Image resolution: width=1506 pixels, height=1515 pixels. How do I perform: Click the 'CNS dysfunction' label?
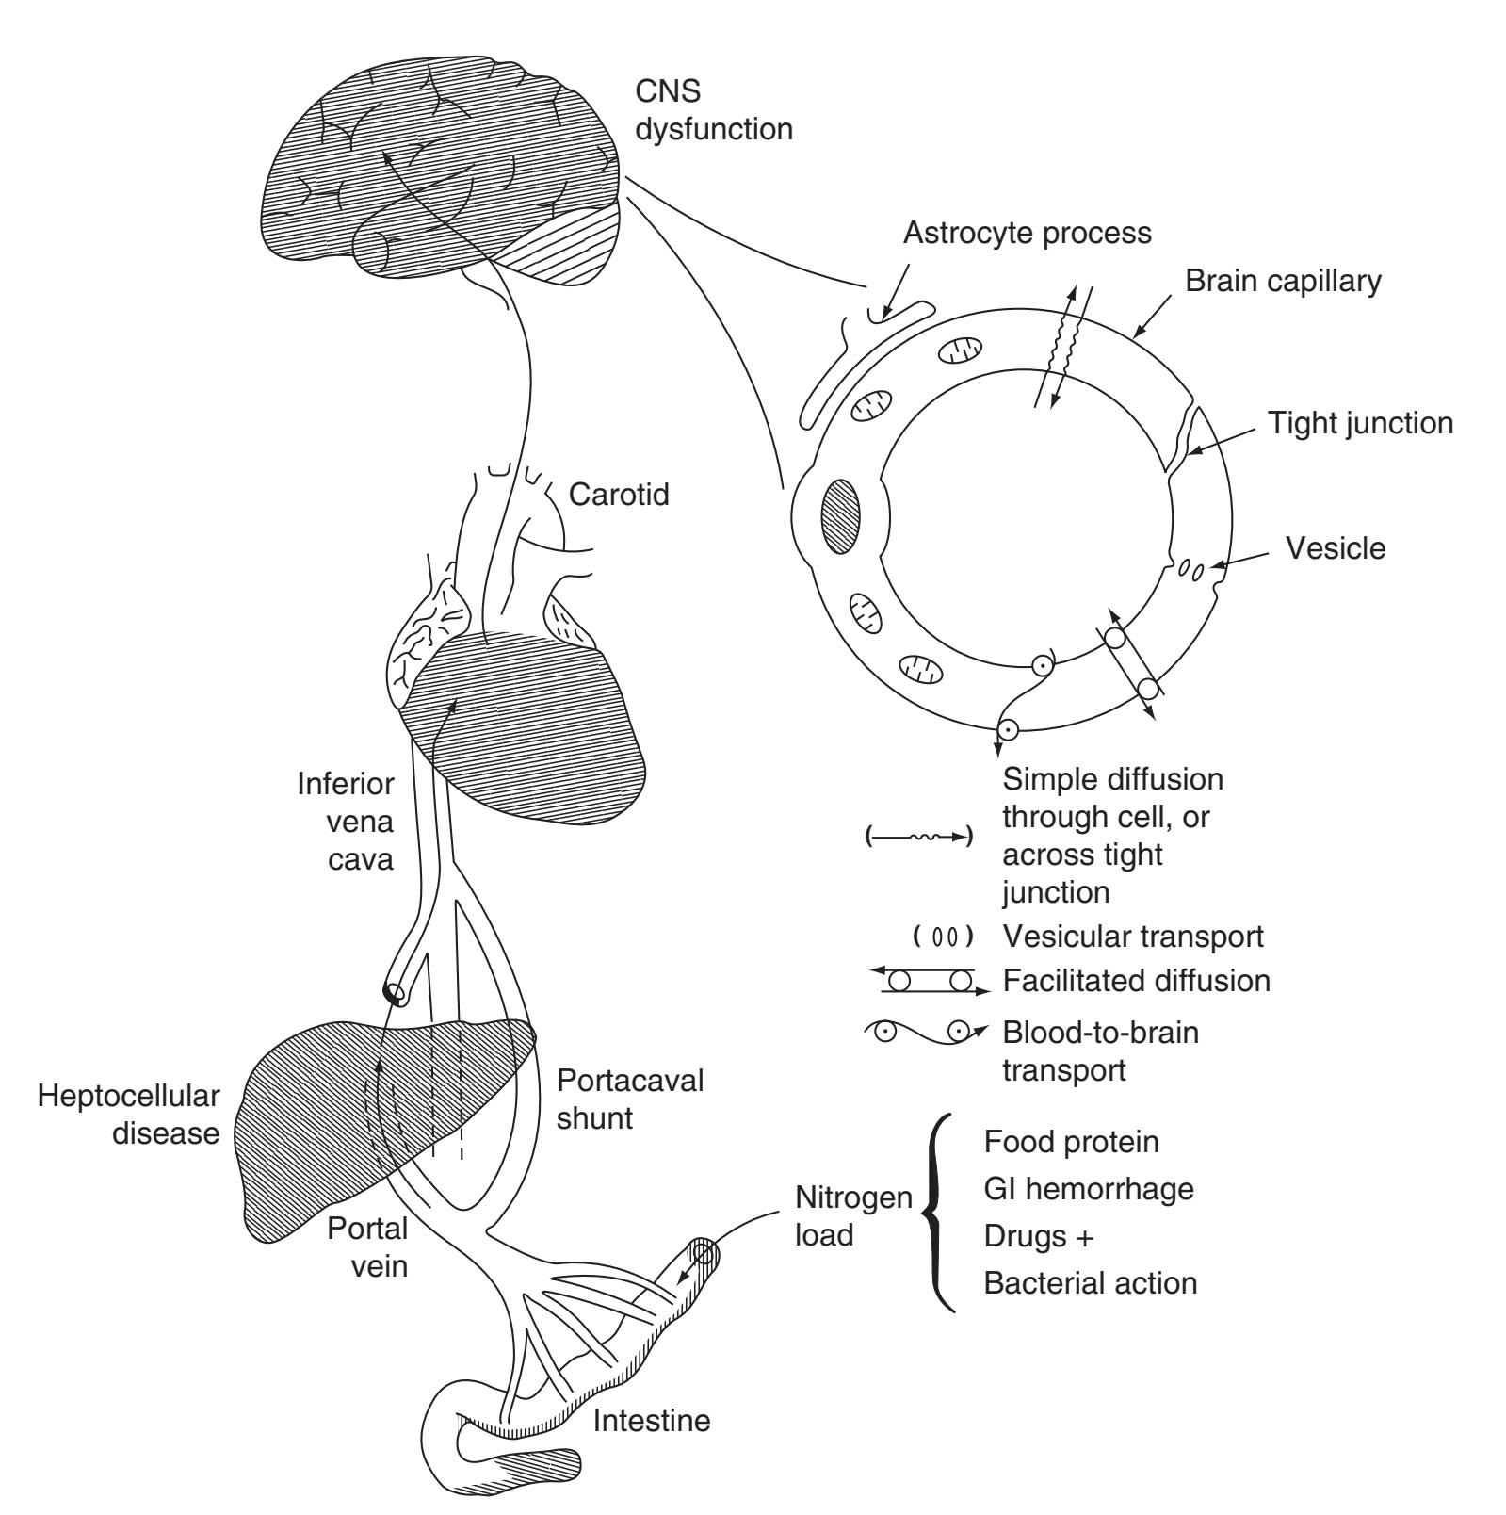[713, 110]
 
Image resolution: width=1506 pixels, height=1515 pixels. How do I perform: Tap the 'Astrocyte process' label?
[1027, 233]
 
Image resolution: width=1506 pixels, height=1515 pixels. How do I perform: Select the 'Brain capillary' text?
[1283, 281]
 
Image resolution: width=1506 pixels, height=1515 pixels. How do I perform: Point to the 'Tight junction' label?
[1360, 423]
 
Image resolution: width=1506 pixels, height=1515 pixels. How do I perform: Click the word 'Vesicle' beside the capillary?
[1336, 548]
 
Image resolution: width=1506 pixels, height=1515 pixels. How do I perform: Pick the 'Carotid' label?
[619, 494]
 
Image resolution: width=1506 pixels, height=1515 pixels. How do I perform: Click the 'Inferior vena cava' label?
[346, 821]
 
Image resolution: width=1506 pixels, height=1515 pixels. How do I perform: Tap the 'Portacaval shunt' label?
[630, 1099]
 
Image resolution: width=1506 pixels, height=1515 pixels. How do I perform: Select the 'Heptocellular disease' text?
[128, 1114]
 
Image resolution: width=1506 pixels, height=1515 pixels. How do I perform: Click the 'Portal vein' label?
[367, 1246]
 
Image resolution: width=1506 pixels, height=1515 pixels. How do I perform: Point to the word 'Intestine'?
[652, 1420]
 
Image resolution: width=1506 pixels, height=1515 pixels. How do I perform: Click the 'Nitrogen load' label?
[853, 1215]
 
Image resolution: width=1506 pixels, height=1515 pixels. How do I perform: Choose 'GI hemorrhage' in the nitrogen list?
[1089, 1189]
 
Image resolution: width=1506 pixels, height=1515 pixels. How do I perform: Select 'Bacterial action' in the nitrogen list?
[1091, 1283]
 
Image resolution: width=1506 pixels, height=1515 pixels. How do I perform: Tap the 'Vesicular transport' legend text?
[1133, 937]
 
